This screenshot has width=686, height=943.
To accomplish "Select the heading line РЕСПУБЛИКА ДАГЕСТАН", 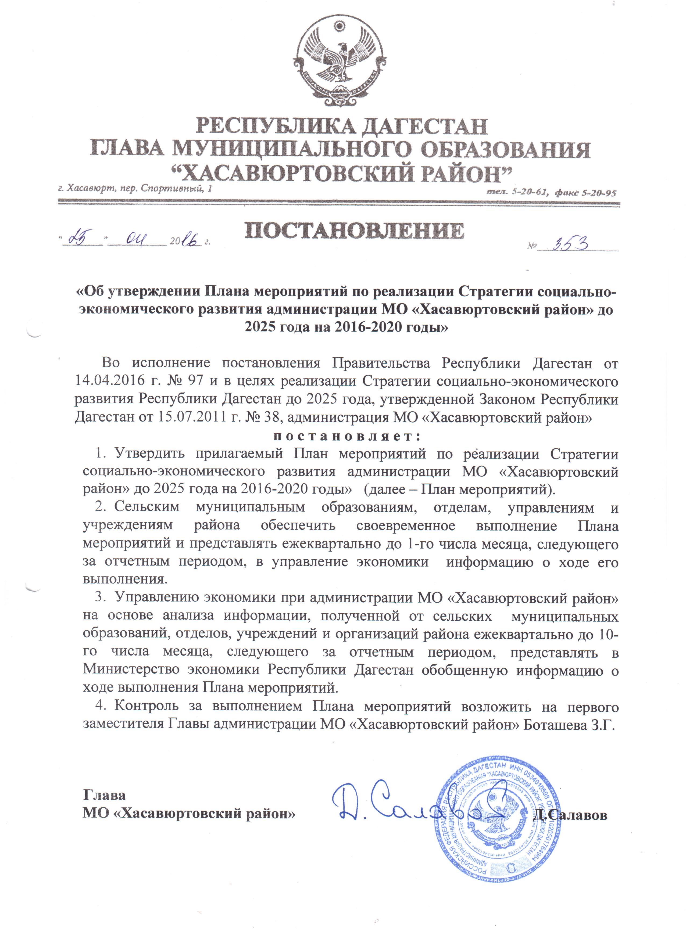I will (x=341, y=126).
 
